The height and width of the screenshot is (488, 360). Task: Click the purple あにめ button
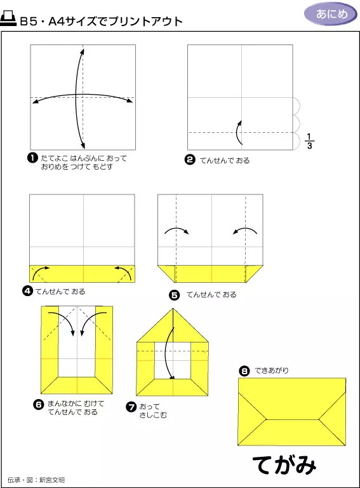[x=331, y=14]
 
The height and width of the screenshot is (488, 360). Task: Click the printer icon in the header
[x=9, y=20]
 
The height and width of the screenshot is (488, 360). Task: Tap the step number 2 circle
[x=189, y=159]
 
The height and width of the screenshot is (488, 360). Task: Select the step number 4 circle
[x=27, y=291]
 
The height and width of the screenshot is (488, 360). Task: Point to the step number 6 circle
[x=38, y=404]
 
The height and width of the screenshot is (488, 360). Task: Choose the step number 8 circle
[x=244, y=370]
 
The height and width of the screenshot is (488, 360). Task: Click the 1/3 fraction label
[x=309, y=141]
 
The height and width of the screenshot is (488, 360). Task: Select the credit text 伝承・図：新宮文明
[x=36, y=480]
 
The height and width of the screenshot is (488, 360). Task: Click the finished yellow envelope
[x=292, y=411]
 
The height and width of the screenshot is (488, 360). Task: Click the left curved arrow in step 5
[x=177, y=230]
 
